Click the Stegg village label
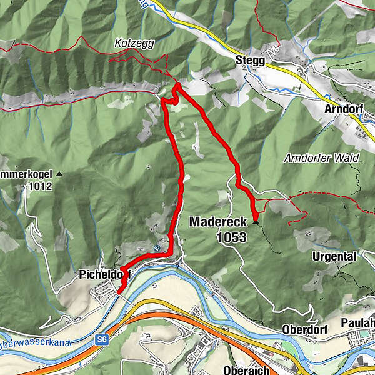coord(250,61)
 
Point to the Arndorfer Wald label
coord(322,159)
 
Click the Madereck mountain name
coord(219,222)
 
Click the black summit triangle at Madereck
coord(256,221)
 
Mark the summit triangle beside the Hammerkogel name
coord(59,174)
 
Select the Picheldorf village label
coord(100,274)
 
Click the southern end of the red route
coord(119,291)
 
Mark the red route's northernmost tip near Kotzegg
coord(177,85)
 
